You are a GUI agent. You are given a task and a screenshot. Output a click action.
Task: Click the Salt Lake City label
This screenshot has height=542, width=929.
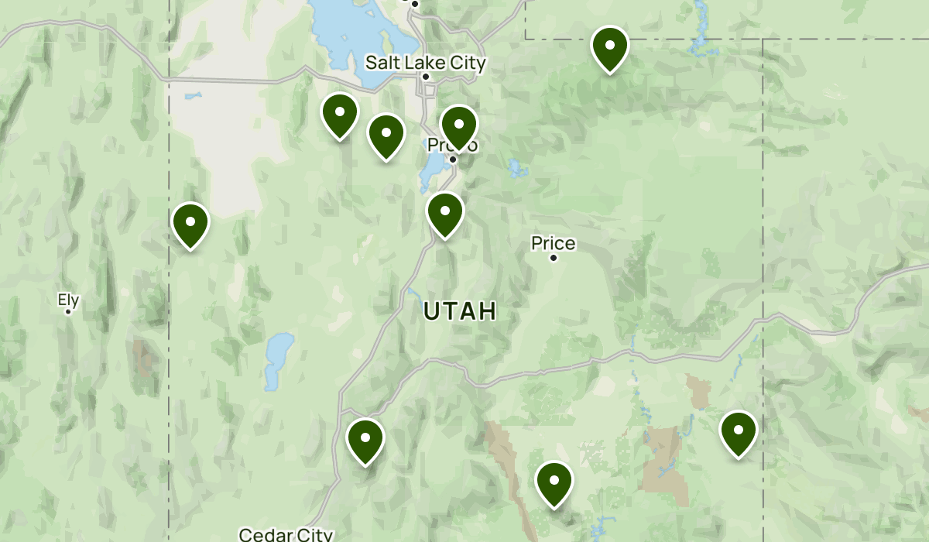pyautogui.click(x=425, y=62)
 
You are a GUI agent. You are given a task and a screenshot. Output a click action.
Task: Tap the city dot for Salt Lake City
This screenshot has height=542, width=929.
pyautogui.click(x=425, y=77)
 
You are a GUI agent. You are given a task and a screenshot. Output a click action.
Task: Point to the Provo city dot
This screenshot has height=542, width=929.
pyautogui.click(x=453, y=160)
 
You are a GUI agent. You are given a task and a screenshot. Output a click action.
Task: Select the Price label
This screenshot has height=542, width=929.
pyautogui.click(x=553, y=244)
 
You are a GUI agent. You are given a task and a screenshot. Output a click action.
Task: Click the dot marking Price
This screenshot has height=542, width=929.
pyautogui.click(x=554, y=258)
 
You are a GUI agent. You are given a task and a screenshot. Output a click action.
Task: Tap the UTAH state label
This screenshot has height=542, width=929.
pyautogui.click(x=460, y=311)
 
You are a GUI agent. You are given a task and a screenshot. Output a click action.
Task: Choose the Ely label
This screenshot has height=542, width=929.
pyautogui.click(x=68, y=299)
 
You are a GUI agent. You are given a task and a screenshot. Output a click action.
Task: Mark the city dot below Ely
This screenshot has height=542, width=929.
pyautogui.click(x=68, y=312)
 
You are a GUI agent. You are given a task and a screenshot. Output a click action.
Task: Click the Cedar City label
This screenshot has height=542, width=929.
pyautogui.click(x=286, y=534)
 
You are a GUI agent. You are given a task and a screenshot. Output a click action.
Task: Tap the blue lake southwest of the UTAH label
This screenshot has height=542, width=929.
pyautogui.click(x=277, y=360)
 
